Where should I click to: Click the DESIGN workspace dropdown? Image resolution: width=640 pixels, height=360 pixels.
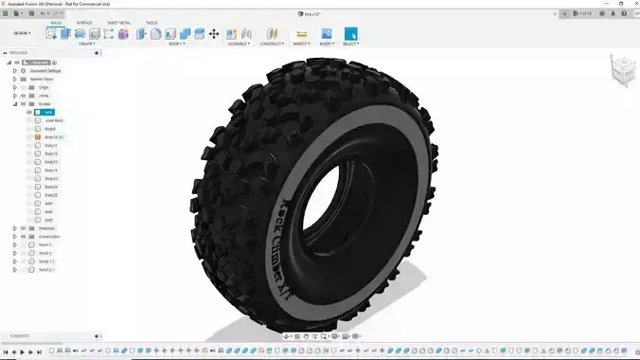[22, 33]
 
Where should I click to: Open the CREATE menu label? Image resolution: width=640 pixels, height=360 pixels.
[86, 44]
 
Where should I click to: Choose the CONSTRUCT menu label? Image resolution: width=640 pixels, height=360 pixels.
[272, 44]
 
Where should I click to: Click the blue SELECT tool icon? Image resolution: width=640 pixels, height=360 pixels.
[351, 33]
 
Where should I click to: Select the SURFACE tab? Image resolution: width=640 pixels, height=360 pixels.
[84, 22]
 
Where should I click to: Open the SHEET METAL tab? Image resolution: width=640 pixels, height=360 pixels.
[119, 22]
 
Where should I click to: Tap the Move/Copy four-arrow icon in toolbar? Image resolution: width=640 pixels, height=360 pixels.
[214, 33]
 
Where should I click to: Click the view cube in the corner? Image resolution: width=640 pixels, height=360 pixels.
[621, 71]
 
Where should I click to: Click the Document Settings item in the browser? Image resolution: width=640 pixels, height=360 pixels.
[45, 71]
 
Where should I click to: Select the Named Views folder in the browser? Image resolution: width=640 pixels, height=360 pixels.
[42, 80]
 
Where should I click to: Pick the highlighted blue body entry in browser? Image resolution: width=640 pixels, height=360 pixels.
[48, 113]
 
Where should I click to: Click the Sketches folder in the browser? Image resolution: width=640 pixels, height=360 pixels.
[46, 228]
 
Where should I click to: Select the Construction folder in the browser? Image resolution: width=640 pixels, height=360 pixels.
[50, 237]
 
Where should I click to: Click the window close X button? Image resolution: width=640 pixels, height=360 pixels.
[632, 4]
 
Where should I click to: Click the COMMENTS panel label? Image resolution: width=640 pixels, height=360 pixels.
[20, 336]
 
